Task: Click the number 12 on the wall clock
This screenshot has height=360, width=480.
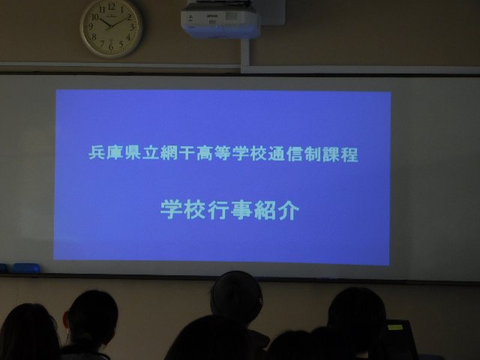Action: pos(112,7)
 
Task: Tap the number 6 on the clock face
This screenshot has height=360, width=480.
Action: pos(111,46)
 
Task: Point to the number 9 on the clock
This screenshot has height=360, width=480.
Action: pos(91,27)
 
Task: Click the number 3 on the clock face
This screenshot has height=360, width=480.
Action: pos(132,27)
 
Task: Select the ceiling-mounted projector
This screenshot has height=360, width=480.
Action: pos(220,19)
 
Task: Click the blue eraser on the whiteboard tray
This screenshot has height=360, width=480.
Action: pos(25,268)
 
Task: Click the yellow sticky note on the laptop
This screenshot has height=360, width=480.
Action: pos(395,327)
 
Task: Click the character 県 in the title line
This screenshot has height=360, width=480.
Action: pos(133,152)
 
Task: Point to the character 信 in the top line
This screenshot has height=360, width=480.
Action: pos(295,154)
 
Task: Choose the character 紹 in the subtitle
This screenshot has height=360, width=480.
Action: pos(265,210)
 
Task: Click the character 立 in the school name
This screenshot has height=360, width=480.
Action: pos(151,153)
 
